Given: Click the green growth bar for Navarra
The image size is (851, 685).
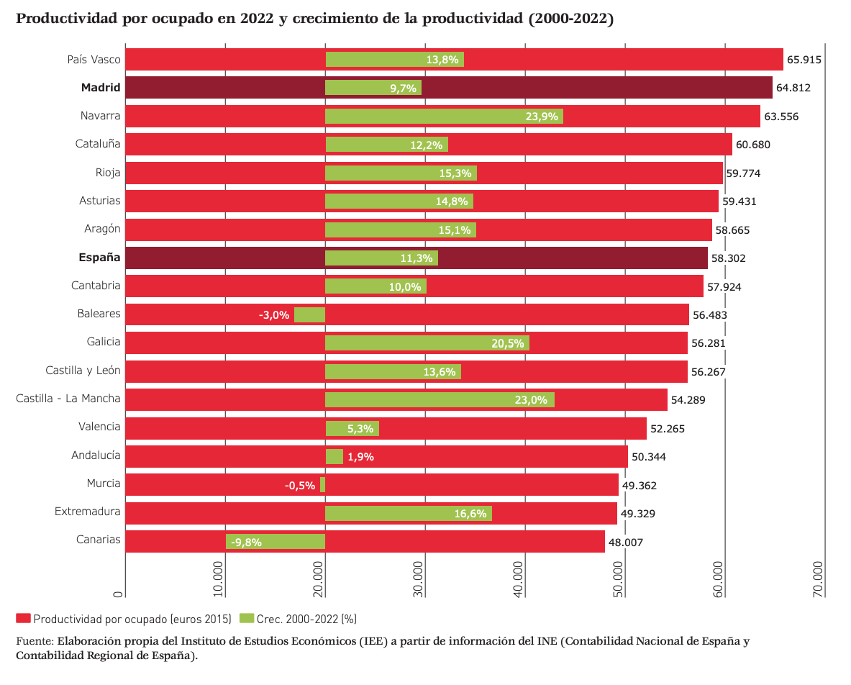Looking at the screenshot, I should coord(444,116).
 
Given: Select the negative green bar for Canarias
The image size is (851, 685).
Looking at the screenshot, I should coord(276,542).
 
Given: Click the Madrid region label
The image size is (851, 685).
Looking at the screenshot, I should coord(101,88).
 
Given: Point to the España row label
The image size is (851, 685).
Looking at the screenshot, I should coord(99,258).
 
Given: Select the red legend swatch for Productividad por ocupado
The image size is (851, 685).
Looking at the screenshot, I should coord(23,619).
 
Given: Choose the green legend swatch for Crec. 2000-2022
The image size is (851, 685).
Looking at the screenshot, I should coord(247,619).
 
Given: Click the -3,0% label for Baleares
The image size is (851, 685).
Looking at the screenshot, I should coord(273,314).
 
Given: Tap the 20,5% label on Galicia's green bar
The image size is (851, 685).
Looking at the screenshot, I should coord(507,343).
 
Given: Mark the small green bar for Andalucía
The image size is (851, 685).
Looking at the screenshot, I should coord(334,456).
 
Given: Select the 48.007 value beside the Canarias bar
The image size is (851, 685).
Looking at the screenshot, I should coord(625,542).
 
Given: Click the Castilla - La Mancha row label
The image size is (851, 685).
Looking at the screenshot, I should coord(68,399).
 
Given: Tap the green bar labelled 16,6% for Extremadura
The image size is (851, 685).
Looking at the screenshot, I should coord(408,513).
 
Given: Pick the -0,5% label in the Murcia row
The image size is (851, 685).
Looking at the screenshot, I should coord(300,485).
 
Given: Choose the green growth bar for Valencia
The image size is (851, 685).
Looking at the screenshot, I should coord(352,428).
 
